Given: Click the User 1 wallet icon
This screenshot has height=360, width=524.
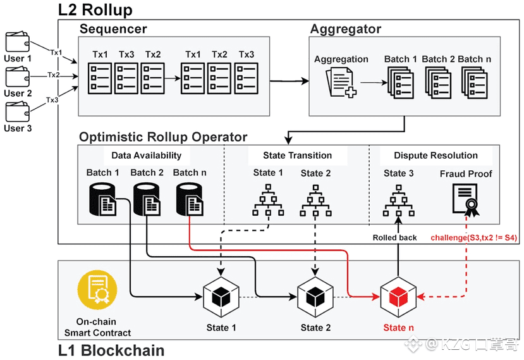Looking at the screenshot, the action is tap(17, 42).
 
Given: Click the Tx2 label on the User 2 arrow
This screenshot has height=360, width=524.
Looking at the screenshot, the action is tap(54, 75).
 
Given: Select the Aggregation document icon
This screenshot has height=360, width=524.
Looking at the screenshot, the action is tap(341, 82).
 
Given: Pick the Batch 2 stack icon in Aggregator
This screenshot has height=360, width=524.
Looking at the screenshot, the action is tap(438, 83).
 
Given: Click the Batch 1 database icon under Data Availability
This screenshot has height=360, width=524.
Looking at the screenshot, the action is tap(102, 199).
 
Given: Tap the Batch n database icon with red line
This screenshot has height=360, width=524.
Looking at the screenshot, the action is tap(190, 199).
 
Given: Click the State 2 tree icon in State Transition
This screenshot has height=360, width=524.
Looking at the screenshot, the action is tap(315, 201).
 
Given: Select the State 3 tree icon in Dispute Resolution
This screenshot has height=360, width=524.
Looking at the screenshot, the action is tap(398, 201).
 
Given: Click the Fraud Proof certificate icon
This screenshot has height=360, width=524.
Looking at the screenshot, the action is tap(466, 200).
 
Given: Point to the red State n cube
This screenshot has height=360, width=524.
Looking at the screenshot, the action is tap(398, 297).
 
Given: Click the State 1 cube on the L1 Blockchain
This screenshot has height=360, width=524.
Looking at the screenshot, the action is tap(221, 297).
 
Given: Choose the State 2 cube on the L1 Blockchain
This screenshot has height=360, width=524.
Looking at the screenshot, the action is tap(315, 297).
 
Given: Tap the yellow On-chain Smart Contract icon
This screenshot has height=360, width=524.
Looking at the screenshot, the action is tap(97, 290).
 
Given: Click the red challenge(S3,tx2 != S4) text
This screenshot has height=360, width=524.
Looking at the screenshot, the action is tap(474, 238).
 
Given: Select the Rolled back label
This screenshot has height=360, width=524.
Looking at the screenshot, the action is tap(394, 238).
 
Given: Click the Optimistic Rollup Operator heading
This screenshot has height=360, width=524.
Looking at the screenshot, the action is tap(163, 137).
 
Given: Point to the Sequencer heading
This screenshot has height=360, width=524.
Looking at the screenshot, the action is tap(113, 28).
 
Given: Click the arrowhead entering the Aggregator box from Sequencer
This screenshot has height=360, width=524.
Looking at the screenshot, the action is tap(305, 81).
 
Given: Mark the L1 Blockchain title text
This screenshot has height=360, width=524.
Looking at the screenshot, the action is tap(111, 351).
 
